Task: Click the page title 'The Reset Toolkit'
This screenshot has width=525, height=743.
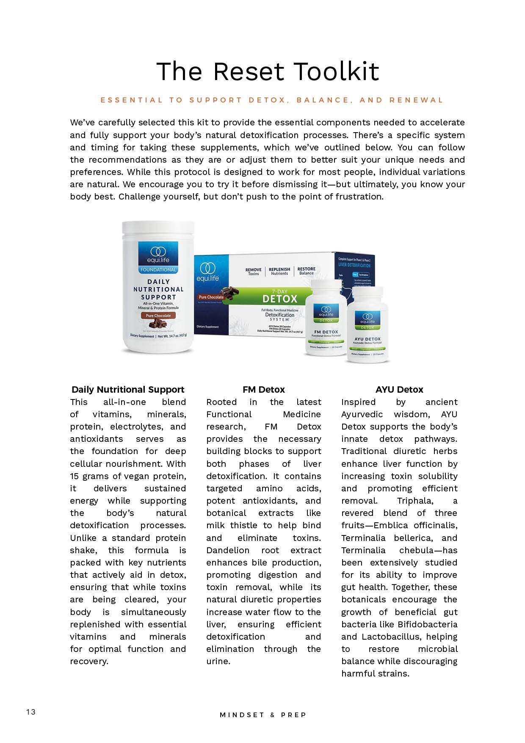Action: (268, 71)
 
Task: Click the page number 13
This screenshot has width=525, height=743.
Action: (31, 712)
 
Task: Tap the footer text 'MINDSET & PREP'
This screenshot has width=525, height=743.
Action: (262, 715)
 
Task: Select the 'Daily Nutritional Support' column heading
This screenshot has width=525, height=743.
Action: (128, 389)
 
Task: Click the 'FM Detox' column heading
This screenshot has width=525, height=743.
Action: (263, 389)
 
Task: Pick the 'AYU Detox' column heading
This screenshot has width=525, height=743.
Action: (399, 389)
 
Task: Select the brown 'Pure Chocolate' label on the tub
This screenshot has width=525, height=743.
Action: (158, 316)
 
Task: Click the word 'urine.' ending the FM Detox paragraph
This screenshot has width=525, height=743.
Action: (218, 661)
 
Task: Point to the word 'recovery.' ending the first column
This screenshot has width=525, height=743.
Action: (89, 661)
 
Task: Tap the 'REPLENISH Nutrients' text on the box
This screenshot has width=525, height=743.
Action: (279, 271)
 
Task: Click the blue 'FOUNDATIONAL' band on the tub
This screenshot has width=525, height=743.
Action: (158, 270)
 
